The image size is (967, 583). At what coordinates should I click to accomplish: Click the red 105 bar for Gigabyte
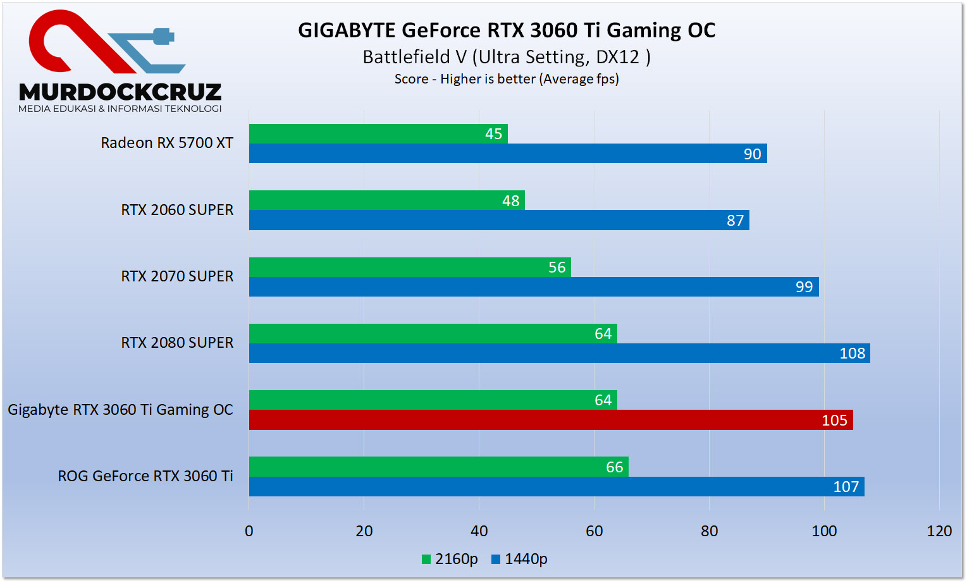click(x=550, y=420)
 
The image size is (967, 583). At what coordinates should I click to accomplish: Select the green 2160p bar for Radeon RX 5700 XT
click(x=378, y=134)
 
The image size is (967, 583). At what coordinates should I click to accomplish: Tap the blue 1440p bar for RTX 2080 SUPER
click(x=559, y=353)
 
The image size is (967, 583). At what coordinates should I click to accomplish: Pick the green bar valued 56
click(x=410, y=267)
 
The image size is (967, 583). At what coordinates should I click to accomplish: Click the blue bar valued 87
click(x=499, y=220)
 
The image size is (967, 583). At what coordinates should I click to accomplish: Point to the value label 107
click(x=846, y=487)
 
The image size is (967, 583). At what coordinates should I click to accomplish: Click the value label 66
click(x=614, y=467)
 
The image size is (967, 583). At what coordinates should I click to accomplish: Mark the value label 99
click(x=804, y=287)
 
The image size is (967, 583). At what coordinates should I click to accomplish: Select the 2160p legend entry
click(x=450, y=559)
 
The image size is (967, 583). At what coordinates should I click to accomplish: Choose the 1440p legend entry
click(x=519, y=559)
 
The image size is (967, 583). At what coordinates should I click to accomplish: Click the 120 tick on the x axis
click(x=939, y=531)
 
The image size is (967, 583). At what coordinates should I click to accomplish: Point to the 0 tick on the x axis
click(x=249, y=531)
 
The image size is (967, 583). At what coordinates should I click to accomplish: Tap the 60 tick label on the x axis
click(x=594, y=531)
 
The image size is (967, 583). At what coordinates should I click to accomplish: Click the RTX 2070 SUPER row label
click(x=177, y=276)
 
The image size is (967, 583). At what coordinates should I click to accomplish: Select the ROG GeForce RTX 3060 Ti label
click(x=145, y=476)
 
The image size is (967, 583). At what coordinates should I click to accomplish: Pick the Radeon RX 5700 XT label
click(x=167, y=143)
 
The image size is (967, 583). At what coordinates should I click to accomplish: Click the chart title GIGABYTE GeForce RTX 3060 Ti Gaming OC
click(x=507, y=30)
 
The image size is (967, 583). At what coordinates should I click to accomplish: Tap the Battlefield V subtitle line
click(x=507, y=57)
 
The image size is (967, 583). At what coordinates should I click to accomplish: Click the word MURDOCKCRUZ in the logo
click(x=120, y=92)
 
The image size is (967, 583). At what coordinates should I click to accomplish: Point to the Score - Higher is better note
click(x=507, y=79)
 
